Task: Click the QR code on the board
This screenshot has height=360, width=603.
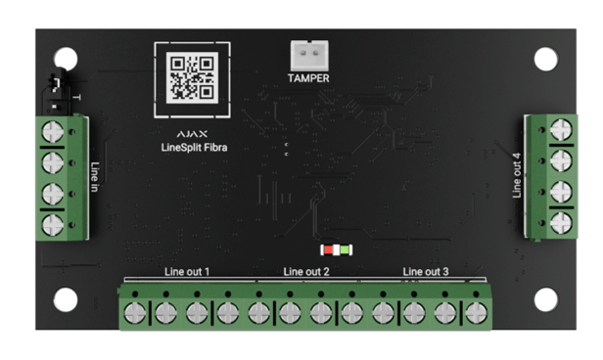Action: coord(192,78)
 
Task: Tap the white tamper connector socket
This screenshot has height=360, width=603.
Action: coord(309,56)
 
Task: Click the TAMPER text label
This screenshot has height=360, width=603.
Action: coord(308,78)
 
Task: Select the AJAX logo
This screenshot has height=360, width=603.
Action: coord(192,134)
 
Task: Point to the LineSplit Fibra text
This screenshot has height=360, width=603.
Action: coord(194,148)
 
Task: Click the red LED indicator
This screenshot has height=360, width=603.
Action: coord(328,250)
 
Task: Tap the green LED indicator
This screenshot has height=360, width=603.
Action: coord(345,250)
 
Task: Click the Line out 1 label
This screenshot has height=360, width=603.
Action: coord(187,272)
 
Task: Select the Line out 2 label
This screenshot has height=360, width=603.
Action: coord(306,272)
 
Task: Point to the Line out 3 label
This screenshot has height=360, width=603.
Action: coord(426,272)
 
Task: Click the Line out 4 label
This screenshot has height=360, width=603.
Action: coord(517,175)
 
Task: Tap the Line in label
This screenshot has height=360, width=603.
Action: coord(95,177)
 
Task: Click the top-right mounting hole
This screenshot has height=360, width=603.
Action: coord(545,59)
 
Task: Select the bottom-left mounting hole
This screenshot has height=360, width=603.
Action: coord(66,299)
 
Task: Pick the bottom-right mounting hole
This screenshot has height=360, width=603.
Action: coord(545,299)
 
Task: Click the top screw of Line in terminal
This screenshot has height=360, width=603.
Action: coord(53,131)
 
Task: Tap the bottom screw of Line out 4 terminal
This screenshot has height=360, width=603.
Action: coord(561,223)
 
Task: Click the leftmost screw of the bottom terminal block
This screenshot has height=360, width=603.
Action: coord(135,313)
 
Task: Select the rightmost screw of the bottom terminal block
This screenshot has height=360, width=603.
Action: coord(476,313)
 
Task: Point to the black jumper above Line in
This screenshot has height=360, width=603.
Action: coord(56,92)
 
